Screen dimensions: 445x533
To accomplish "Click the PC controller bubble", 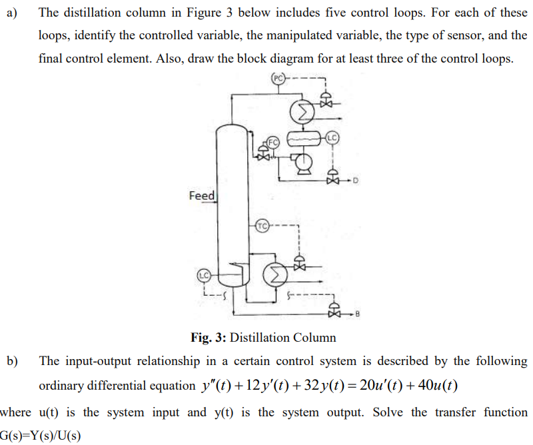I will pyautogui.click(x=278, y=77).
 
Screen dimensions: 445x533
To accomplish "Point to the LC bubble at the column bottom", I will pyautogui.click(x=204, y=274).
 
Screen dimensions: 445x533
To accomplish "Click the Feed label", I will pyautogui.click(x=202, y=196).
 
